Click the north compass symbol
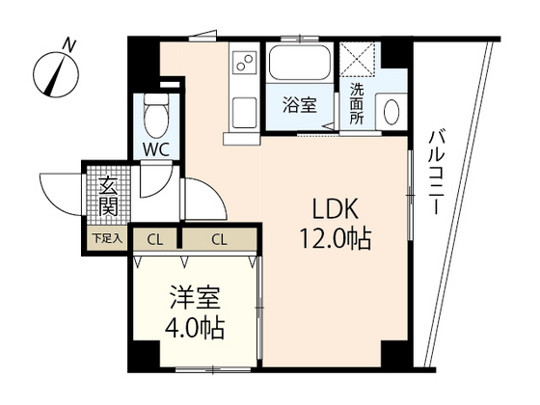pos(59,73)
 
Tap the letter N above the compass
pos(68,43)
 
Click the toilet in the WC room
pos(153,118)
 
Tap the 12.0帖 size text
pos(337,236)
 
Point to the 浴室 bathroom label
pos(300,105)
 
